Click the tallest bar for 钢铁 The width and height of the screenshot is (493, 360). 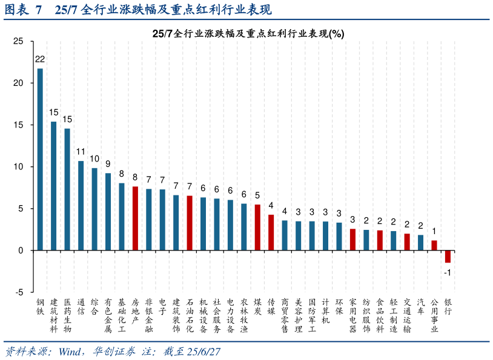(40, 159)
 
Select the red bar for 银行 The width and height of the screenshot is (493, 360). (448, 256)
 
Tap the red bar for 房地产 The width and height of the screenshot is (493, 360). (135, 218)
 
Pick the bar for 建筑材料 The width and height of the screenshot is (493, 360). (53, 186)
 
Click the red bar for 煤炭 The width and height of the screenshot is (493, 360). (257, 227)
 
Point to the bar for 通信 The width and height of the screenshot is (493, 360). (81, 205)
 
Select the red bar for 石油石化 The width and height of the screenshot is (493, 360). (190, 223)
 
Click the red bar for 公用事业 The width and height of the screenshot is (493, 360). (434, 245)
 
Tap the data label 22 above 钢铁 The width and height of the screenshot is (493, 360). (40, 59)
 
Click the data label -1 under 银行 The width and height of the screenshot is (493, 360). (448, 272)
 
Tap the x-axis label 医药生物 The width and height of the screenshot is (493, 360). (67, 315)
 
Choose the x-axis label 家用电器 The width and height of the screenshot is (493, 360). (352, 315)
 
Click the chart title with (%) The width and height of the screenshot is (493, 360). (248, 34)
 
